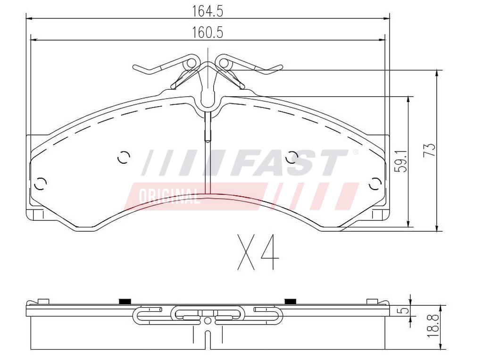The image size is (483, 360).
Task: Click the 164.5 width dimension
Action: pos(208,11)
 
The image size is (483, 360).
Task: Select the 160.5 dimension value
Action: pos(208,33)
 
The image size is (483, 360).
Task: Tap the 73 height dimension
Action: pos(430,150)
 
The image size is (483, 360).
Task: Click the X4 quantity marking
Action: pos(258,252)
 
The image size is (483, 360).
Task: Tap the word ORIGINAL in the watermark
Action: pos(169,196)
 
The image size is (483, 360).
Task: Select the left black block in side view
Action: pos(125,301)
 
